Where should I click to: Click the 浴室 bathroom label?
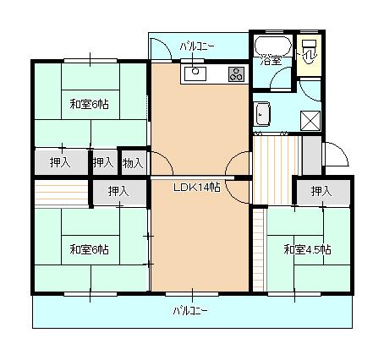coord(271,60)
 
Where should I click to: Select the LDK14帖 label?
coord(197,188)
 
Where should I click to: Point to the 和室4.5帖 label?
coord(308,249)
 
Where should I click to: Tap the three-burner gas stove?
coord(235,74)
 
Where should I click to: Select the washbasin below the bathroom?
coord(261,113)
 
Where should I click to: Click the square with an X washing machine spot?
coord(310,120)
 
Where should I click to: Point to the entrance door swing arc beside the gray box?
coord(333,155)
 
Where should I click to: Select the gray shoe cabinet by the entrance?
coord(311,153)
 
